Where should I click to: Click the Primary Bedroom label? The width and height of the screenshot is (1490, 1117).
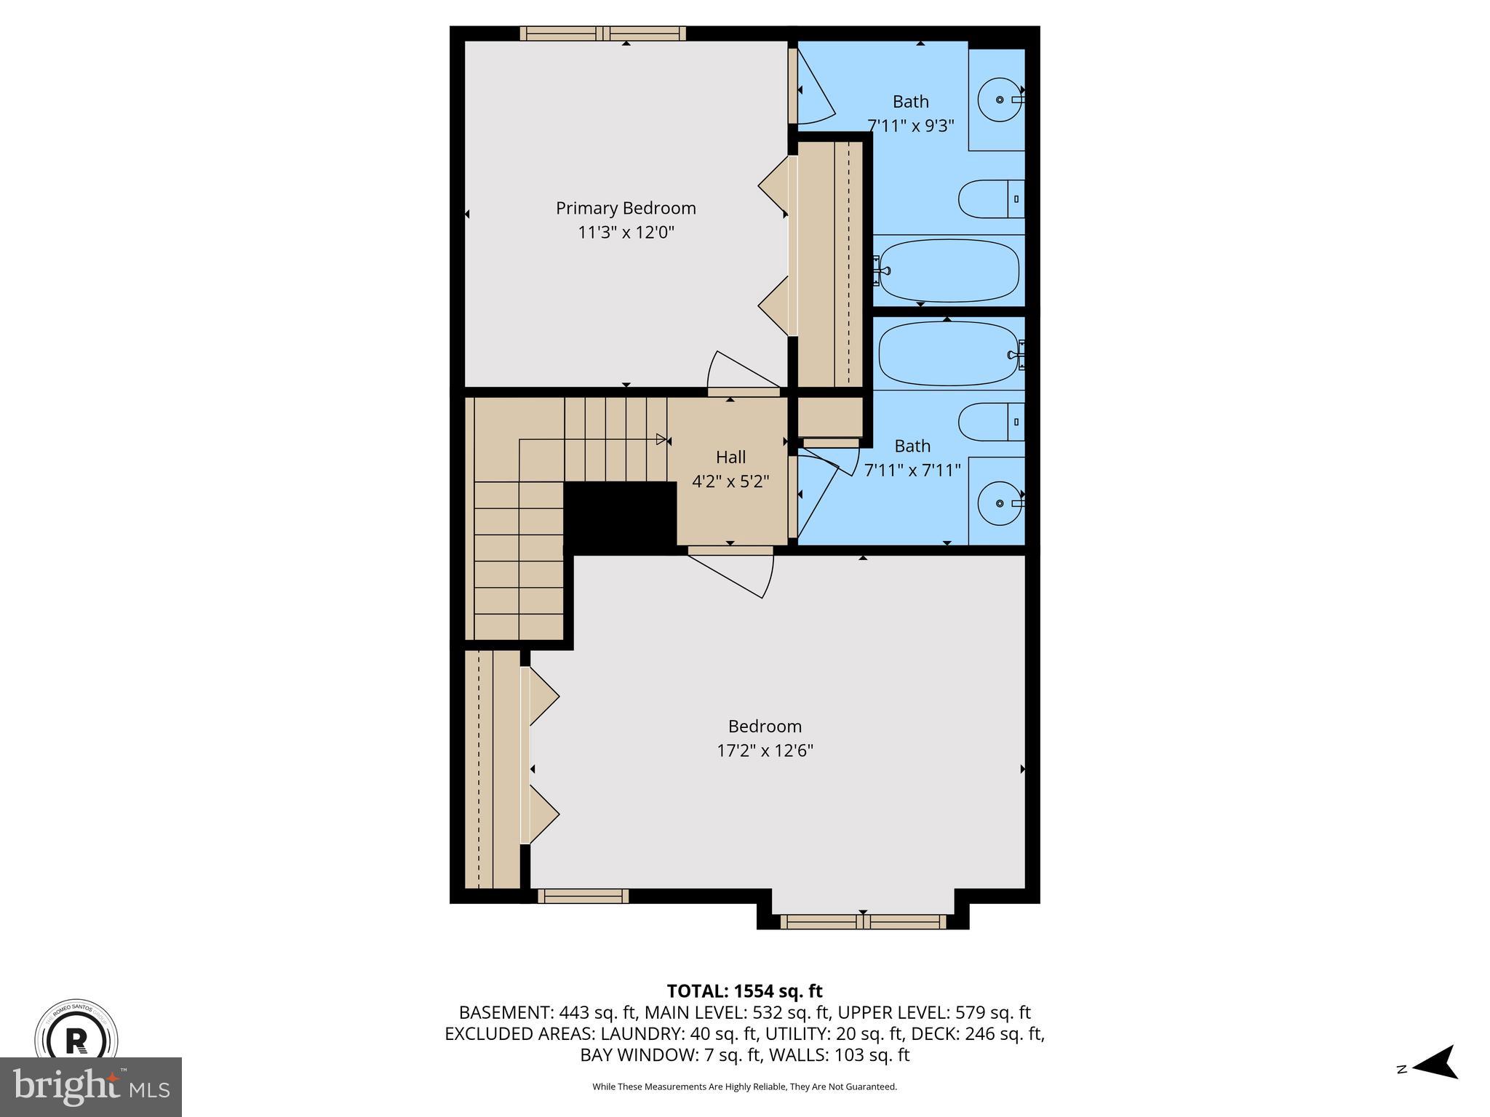[x=626, y=208]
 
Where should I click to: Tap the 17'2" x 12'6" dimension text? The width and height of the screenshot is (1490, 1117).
[x=765, y=750]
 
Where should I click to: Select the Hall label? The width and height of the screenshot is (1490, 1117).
[x=730, y=457]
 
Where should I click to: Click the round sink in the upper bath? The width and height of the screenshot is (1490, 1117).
[x=1000, y=100]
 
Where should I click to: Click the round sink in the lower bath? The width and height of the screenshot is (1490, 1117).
[x=1000, y=503]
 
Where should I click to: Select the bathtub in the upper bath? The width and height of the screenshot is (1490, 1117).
[x=949, y=271]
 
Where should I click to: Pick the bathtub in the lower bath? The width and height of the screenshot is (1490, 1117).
[x=949, y=355]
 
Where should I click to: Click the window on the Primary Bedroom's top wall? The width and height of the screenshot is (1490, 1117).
[x=603, y=33]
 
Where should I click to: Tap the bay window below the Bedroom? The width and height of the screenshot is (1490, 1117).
[x=863, y=922]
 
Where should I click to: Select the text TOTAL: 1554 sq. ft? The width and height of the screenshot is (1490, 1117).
[x=744, y=990]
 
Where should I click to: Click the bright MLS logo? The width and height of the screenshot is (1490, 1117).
[x=91, y=1086]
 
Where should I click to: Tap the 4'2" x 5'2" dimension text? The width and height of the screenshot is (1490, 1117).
[x=730, y=481]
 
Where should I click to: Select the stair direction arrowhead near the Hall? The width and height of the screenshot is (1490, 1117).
[x=661, y=439]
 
